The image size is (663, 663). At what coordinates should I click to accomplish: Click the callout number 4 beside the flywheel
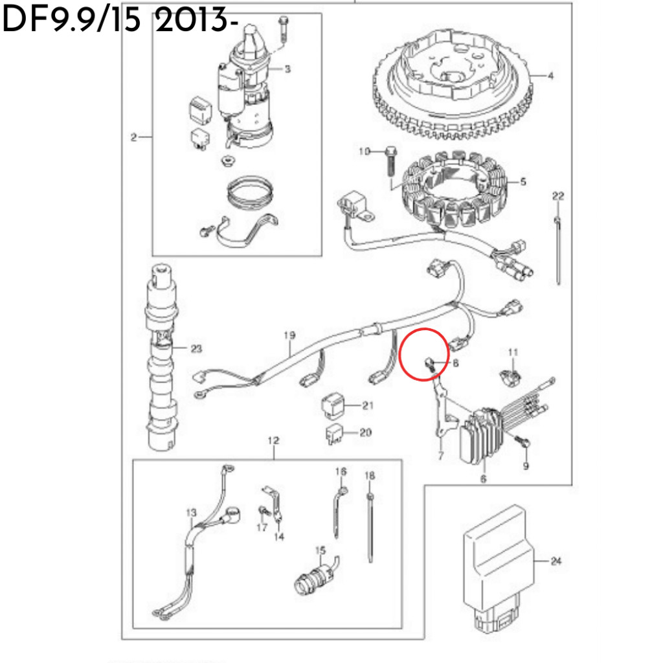tap(550, 76)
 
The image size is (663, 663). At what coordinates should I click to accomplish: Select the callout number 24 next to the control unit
tap(556, 561)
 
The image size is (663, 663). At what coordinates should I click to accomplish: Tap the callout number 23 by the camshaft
tap(197, 348)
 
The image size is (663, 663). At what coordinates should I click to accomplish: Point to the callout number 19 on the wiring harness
tap(289, 335)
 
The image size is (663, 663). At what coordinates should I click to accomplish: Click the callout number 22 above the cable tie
tap(558, 196)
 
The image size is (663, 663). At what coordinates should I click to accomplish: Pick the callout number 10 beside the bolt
tap(365, 151)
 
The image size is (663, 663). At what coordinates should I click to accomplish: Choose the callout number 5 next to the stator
tap(523, 181)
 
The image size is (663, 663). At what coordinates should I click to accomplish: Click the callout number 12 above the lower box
tap(274, 440)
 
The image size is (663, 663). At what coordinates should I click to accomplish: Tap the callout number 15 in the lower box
tap(320, 550)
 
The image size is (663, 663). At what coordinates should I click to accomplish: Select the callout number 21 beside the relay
tap(368, 405)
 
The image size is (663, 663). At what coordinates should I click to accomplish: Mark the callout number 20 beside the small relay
tap(365, 432)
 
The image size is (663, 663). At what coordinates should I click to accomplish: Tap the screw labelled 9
tap(523, 442)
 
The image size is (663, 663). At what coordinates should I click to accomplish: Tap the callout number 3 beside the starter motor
tap(287, 69)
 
